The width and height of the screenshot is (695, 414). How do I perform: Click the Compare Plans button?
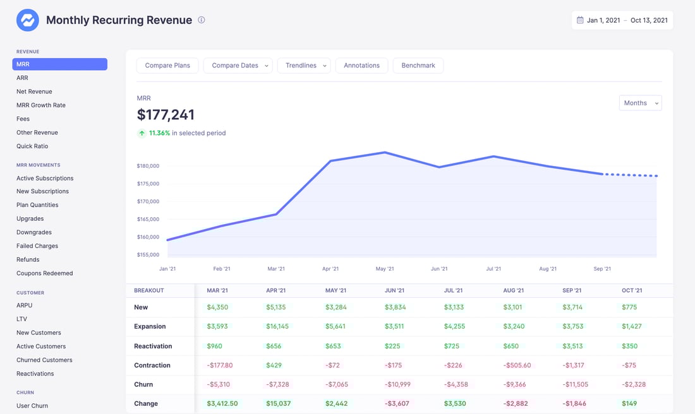tap(167, 66)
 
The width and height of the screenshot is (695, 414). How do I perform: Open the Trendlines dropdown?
tap(303, 66)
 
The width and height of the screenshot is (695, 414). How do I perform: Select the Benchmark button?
tap(418, 66)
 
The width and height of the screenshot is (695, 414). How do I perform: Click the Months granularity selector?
tap(640, 103)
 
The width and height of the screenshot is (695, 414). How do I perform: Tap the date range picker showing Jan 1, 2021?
tap(622, 20)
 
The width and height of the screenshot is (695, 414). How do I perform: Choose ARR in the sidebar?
tap(22, 78)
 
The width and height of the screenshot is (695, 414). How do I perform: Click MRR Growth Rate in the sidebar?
tap(41, 105)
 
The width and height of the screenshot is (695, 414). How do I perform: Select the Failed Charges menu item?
tap(37, 246)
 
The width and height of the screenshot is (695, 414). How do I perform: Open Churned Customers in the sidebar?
tap(44, 360)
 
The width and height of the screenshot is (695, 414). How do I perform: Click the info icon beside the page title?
tap(202, 20)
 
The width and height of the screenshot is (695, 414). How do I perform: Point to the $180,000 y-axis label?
tap(148, 166)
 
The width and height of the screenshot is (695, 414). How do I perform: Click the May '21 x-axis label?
tap(385, 269)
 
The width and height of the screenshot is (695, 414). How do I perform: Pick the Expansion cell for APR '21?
tap(278, 327)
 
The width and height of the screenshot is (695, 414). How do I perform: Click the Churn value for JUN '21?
tap(397, 384)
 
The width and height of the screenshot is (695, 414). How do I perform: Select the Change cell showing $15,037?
tap(279, 403)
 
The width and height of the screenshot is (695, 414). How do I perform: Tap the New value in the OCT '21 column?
tap(629, 307)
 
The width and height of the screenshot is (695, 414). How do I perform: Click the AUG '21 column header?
tap(514, 290)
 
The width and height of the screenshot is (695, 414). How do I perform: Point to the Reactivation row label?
tap(153, 346)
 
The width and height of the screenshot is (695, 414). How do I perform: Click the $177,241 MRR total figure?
tap(166, 115)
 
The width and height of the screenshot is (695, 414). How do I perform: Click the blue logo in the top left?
tap(27, 20)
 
